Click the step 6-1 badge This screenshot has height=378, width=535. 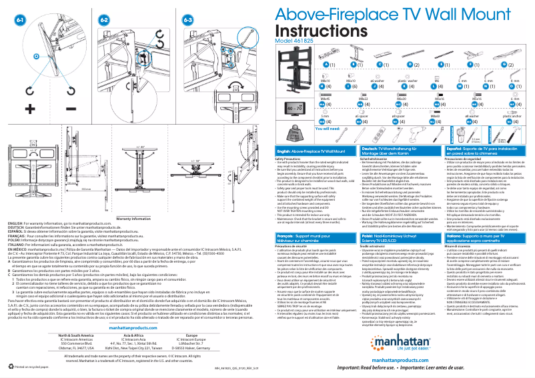21,20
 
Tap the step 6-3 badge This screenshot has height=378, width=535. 188,20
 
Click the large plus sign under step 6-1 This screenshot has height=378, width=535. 29,107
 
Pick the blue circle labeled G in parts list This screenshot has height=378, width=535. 517,65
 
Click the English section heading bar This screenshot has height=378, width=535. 317,152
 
